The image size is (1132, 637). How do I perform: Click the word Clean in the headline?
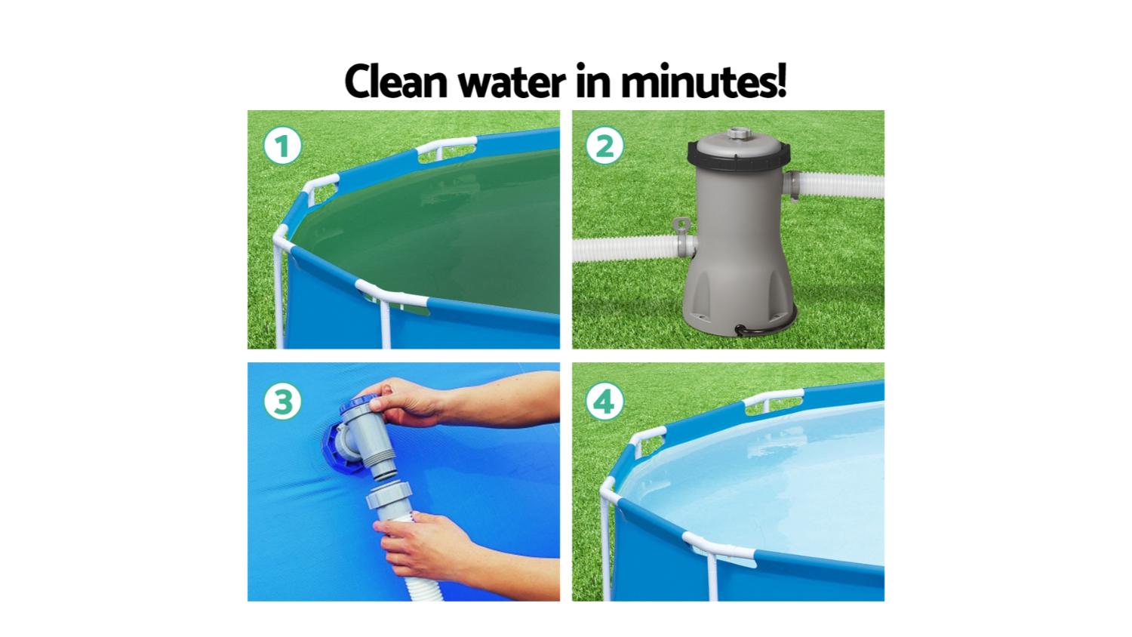[396, 82]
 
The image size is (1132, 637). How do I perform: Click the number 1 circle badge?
[282, 146]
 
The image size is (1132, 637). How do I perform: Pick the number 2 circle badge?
[604, 146]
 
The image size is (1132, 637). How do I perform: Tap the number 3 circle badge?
[282, 402]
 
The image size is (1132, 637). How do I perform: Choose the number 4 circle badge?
[604, 402]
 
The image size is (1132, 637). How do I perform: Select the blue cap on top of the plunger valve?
[358, 405]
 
